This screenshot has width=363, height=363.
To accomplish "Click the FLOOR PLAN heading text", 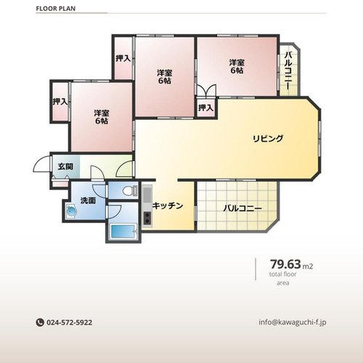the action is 56,9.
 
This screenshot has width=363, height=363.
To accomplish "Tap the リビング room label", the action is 268,139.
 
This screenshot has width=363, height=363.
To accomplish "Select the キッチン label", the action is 168,205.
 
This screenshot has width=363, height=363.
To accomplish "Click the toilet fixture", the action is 129,191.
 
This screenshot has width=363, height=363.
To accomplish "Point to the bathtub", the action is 123,231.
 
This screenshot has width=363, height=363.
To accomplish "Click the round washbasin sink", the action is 71,211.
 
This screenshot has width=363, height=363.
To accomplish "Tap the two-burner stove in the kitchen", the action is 147,219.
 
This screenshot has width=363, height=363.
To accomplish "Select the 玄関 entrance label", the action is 65,166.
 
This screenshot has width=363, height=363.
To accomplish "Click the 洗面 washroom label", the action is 88,200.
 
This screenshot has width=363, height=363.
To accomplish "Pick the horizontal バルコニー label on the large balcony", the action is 242,208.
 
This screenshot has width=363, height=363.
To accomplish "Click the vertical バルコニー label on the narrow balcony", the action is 288,70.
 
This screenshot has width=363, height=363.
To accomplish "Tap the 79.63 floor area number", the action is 285,264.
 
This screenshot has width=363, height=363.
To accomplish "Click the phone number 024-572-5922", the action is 69,322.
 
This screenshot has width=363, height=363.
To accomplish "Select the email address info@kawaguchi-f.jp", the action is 293,322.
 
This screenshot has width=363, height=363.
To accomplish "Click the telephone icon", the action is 40,322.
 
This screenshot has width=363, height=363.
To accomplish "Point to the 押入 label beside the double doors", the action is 205,107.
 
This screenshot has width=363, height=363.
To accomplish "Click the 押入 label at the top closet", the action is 123,58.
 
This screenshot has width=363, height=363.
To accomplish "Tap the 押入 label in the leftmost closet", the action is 60,102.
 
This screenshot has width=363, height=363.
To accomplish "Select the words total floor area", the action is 283,279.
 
